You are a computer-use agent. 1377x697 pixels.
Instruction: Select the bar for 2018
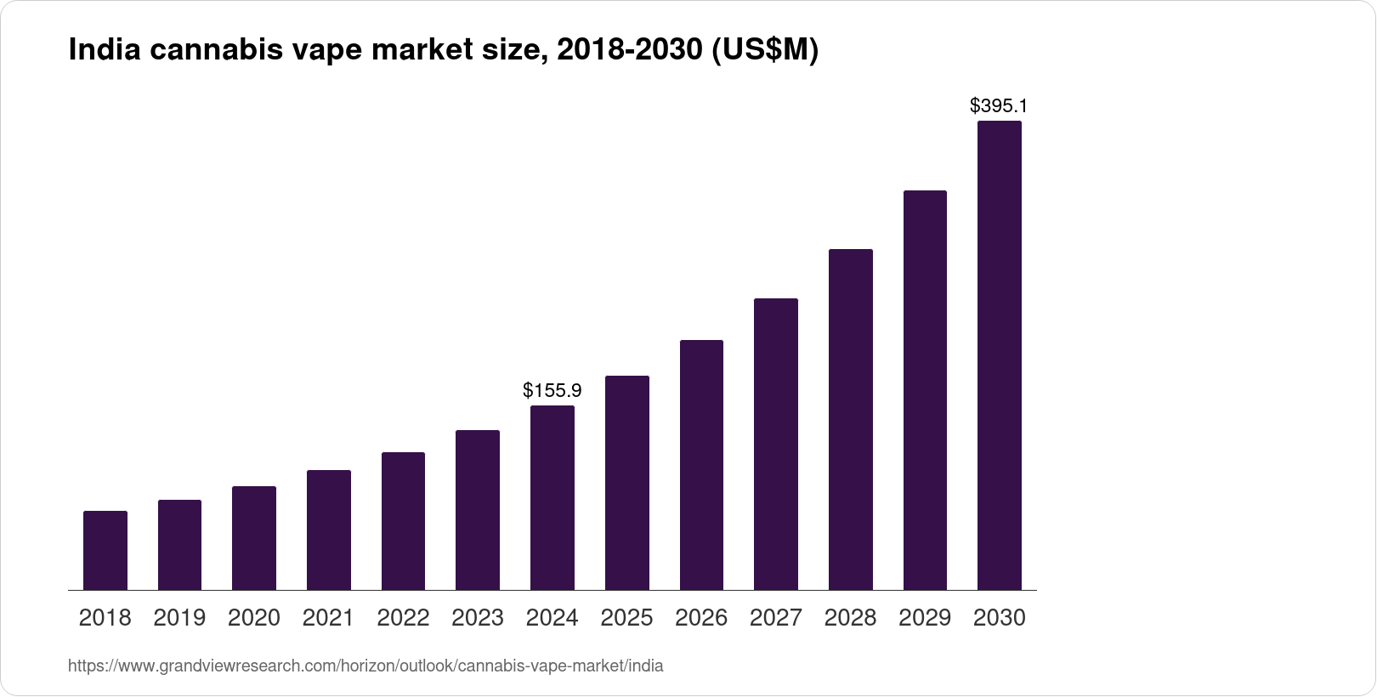tap(105, 550)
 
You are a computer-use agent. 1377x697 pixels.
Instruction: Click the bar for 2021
tap(329, 530)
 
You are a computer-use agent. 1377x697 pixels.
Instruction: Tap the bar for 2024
tap(552, 498)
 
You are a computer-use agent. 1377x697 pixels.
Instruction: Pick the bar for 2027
tap(776, 445)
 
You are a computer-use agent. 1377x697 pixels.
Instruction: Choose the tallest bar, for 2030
tap(1000, 355)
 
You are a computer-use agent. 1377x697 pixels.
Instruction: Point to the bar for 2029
tap(925, 390)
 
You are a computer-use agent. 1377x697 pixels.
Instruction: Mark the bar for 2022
tap(403, 521)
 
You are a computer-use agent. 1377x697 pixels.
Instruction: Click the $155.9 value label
tap(552, 390)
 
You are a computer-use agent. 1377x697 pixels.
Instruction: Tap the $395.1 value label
tap(999, 105)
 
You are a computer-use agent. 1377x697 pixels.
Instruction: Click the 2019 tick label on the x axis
tap(179, 618)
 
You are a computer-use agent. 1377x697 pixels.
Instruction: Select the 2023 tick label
tap(478, 618)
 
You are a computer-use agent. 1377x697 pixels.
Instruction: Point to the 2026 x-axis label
tap(701, 618)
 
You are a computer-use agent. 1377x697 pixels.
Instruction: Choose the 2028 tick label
tap(850, 618)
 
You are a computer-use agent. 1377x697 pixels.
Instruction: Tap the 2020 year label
tap(254, 618)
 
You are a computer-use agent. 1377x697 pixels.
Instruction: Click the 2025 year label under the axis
tap(626, 618)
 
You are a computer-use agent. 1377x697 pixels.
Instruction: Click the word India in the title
tap(105, 49)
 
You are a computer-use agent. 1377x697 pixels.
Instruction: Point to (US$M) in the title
tap(765, 50)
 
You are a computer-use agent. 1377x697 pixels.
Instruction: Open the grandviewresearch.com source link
tap(365, 666)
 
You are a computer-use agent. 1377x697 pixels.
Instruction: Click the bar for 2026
tap(701, 465)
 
